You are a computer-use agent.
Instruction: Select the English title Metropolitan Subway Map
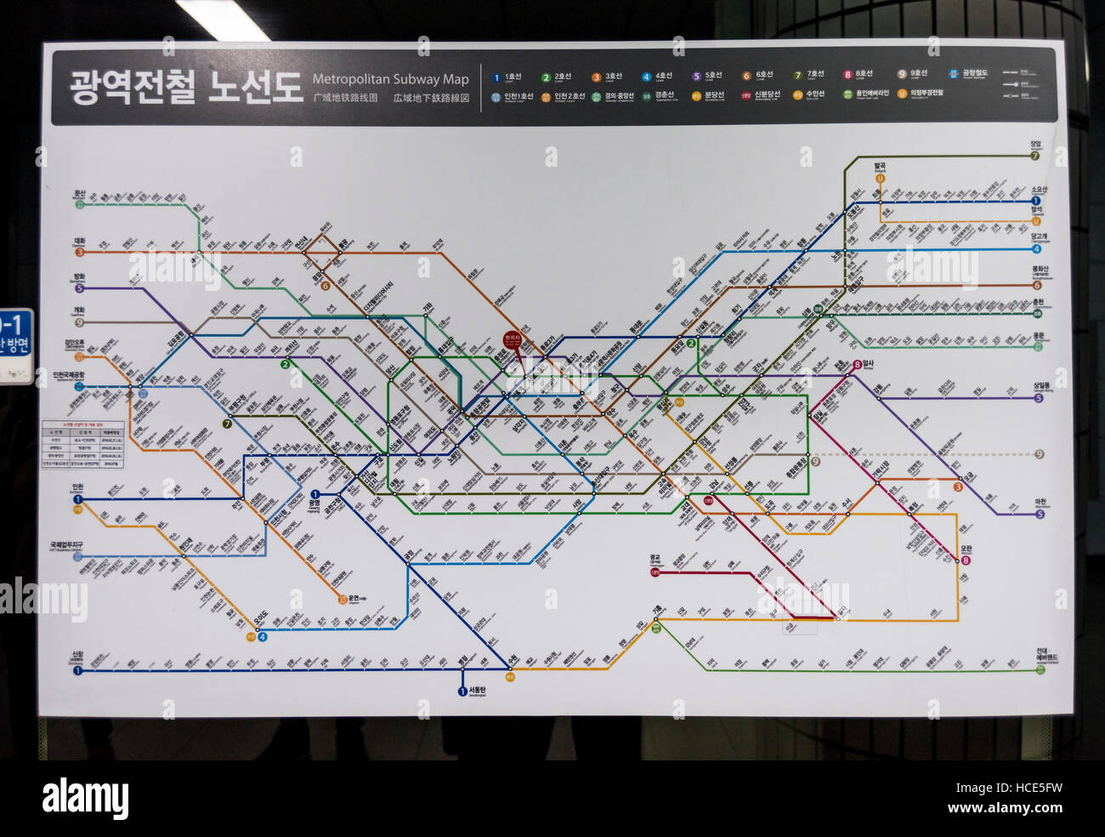(390, 79)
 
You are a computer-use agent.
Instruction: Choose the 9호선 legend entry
(914, 74)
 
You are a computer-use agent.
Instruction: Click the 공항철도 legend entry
(969, 74)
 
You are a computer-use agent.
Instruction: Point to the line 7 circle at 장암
(1034, 156)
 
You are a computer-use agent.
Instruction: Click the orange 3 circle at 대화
(80, 252)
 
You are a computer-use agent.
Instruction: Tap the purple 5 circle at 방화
(80, 288)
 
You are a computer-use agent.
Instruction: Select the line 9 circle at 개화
(80, 322)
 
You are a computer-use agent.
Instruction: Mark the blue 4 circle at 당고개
(1035, 249)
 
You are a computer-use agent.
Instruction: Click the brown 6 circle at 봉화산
(1036, 286)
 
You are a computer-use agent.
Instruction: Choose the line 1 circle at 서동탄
(462, 692)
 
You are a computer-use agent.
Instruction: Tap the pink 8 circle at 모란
(966, 560)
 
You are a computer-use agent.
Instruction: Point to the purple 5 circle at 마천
(1039, 514)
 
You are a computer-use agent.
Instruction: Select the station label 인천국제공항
(69, 375)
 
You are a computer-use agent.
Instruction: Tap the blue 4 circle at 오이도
(262, 636)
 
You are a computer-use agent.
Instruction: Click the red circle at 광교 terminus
(654, 572)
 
